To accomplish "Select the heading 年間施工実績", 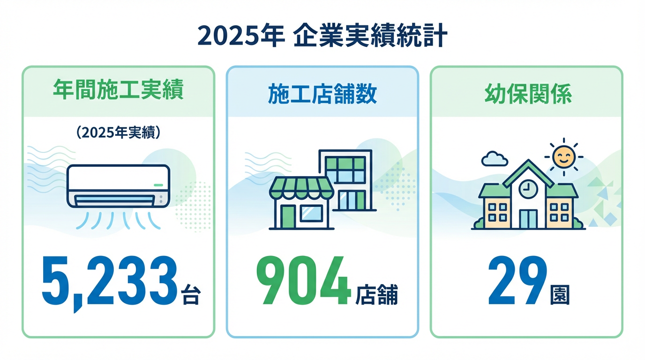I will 118,91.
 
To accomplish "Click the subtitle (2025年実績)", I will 118,133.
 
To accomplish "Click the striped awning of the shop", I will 301,188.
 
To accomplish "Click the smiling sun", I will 563,156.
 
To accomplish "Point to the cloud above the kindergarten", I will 494,159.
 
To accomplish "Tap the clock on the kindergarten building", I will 528,189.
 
